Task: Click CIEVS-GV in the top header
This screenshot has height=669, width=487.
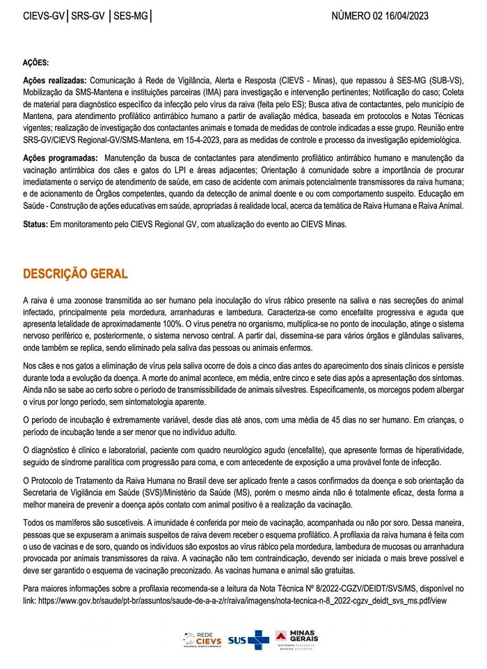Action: (x=43, y=15)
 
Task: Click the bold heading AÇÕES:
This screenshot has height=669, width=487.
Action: (x=35, y=63)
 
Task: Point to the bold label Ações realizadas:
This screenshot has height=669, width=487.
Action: (x=55, y=81)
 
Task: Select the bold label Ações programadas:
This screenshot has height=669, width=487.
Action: (x=59, y=159)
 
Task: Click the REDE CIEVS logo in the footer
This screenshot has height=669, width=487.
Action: (x=202, y=639)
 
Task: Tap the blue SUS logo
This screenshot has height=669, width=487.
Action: (x=248, y=640)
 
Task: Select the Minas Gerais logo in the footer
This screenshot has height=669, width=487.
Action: (x=296, y=638)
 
